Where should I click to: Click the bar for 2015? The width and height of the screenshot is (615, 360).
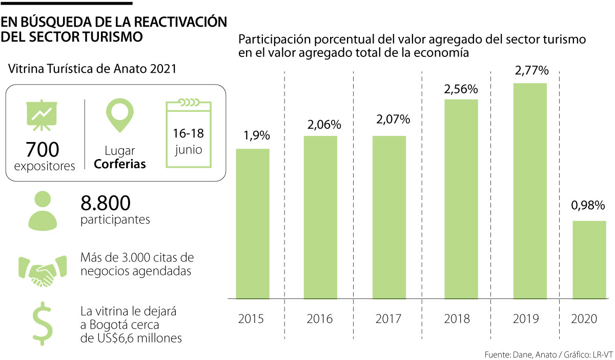(x=253, y=224)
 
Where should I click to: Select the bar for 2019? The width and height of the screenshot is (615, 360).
(x=530, y=191)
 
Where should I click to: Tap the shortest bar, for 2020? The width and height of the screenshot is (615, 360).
(x=589, y=259)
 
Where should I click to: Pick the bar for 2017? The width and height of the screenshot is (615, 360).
(x=389, y=217)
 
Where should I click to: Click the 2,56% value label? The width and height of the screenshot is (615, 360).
(x=461, y=89)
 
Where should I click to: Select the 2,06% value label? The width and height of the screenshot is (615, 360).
(x=320, y=125)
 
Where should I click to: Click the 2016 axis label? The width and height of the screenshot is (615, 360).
(x=320, y=318)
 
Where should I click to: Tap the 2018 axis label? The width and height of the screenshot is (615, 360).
(x=457, y=318)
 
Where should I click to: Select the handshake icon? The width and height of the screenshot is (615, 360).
(x=43, y=269)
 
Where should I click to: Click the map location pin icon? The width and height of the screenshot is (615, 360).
(x=120, y=115)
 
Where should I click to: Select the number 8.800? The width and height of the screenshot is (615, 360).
(x=106, y=203)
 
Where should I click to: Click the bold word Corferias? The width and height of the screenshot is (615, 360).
(x=120, y=165)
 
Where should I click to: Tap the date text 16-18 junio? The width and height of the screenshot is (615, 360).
(x=188, y=142)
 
